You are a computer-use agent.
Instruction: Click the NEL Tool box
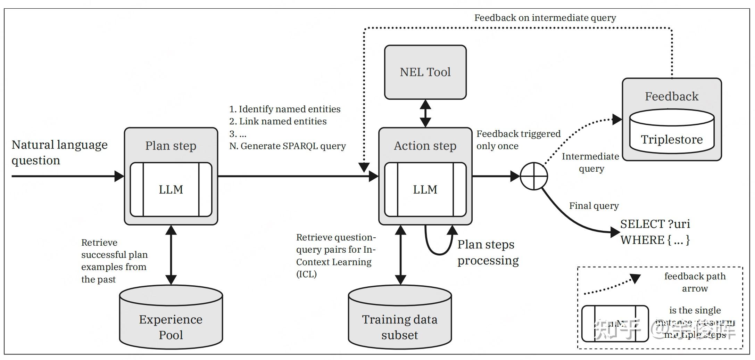425,72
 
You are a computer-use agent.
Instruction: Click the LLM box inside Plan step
171,189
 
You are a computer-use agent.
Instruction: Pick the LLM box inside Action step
425,189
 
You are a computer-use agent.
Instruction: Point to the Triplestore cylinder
672,136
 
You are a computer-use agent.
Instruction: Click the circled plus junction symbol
534,176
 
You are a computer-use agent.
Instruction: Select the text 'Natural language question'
59,152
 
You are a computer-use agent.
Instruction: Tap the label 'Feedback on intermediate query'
545,18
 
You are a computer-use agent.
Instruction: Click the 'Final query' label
594,206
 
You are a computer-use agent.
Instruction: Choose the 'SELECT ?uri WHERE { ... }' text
655,232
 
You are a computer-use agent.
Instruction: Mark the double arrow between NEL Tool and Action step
425,113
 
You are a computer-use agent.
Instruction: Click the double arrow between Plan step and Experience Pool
171,255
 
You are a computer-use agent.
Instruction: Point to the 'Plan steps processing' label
488,252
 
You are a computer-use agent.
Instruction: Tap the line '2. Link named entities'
278,121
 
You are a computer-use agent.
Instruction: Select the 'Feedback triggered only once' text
518,140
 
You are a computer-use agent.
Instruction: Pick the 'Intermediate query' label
590,162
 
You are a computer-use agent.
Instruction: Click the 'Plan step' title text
171,146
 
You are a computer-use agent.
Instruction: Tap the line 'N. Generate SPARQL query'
288,146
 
